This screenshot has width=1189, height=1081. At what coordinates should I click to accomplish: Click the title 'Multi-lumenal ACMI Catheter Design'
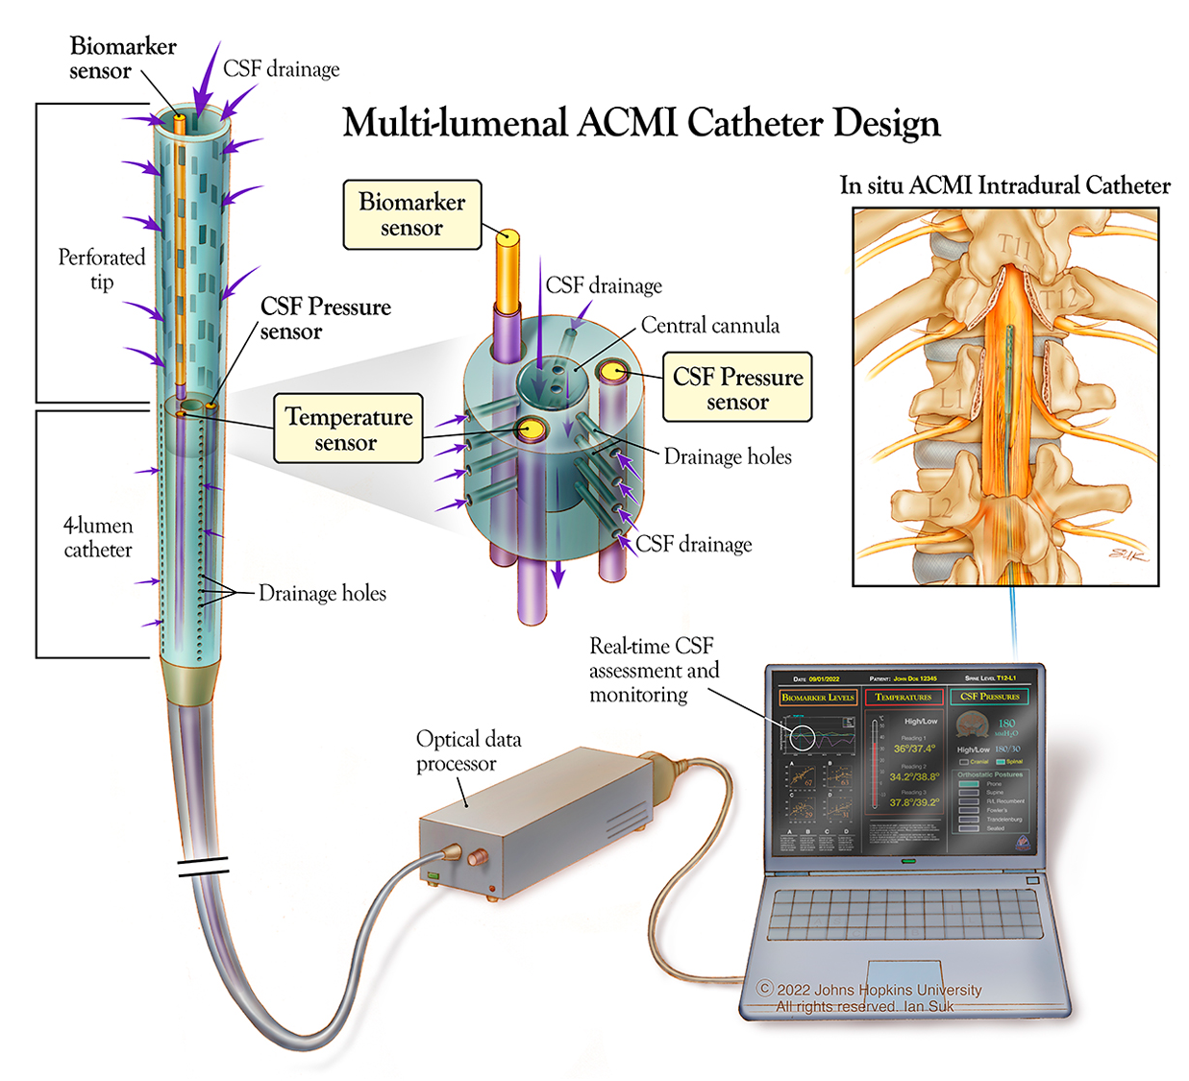641,124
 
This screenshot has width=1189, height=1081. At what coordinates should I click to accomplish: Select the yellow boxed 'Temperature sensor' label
348,430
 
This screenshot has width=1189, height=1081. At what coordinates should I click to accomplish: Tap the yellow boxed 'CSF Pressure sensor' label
737,388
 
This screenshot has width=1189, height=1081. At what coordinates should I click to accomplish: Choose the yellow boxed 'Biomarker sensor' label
411,214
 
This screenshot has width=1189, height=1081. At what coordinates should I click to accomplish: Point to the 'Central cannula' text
709,326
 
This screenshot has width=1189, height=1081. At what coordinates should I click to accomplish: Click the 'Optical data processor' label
468,750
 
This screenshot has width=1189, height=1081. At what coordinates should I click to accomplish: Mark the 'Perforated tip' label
101,269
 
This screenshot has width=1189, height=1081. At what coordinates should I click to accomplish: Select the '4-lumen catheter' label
98,537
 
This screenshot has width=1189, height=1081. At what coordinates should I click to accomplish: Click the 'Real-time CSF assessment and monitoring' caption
653,670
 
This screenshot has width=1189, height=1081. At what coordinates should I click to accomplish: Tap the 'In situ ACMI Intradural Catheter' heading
1004,185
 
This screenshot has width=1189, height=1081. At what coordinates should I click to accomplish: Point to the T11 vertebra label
1013,246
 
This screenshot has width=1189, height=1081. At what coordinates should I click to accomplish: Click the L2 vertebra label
940,505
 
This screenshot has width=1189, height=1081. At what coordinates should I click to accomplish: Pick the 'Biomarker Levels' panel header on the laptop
817,698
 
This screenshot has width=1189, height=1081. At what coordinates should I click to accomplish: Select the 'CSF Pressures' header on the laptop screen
990,697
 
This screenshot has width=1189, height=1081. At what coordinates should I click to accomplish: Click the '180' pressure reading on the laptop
1006,723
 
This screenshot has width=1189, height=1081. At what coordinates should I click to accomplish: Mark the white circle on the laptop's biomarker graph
802,738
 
